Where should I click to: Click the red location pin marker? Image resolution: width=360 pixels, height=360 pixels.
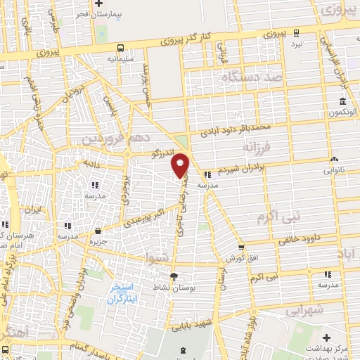(x=181, y=164)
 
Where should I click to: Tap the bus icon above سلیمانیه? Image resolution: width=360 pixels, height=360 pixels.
(x=121, y=49)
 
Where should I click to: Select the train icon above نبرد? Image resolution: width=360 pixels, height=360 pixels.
(x=297, y=32)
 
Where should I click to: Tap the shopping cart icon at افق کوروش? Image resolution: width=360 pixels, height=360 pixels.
(x=241, y=247)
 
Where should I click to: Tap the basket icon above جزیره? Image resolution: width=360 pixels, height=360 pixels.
(x=98, y=231)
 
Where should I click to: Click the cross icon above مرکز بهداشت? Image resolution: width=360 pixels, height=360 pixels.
(x=326, y=339)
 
